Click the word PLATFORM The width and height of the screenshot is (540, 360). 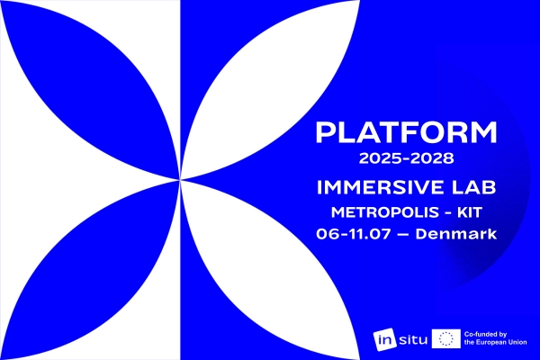tap(407, 132)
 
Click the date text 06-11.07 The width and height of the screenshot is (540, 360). tap(354, 234)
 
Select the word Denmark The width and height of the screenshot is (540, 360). tap(456, 234)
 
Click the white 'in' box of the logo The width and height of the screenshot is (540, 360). tap(384, 340)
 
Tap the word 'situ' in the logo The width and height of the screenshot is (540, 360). tap(412, 340)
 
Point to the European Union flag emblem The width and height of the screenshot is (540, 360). tap(446, 338)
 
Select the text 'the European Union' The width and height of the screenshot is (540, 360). tap(495, 342)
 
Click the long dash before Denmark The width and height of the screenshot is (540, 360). tap(403, 235)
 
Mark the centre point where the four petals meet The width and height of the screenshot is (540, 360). tap(180, 180)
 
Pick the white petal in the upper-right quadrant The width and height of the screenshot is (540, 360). tap(267, 90)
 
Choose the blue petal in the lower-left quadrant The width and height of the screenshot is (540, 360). tap(90, 270)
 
